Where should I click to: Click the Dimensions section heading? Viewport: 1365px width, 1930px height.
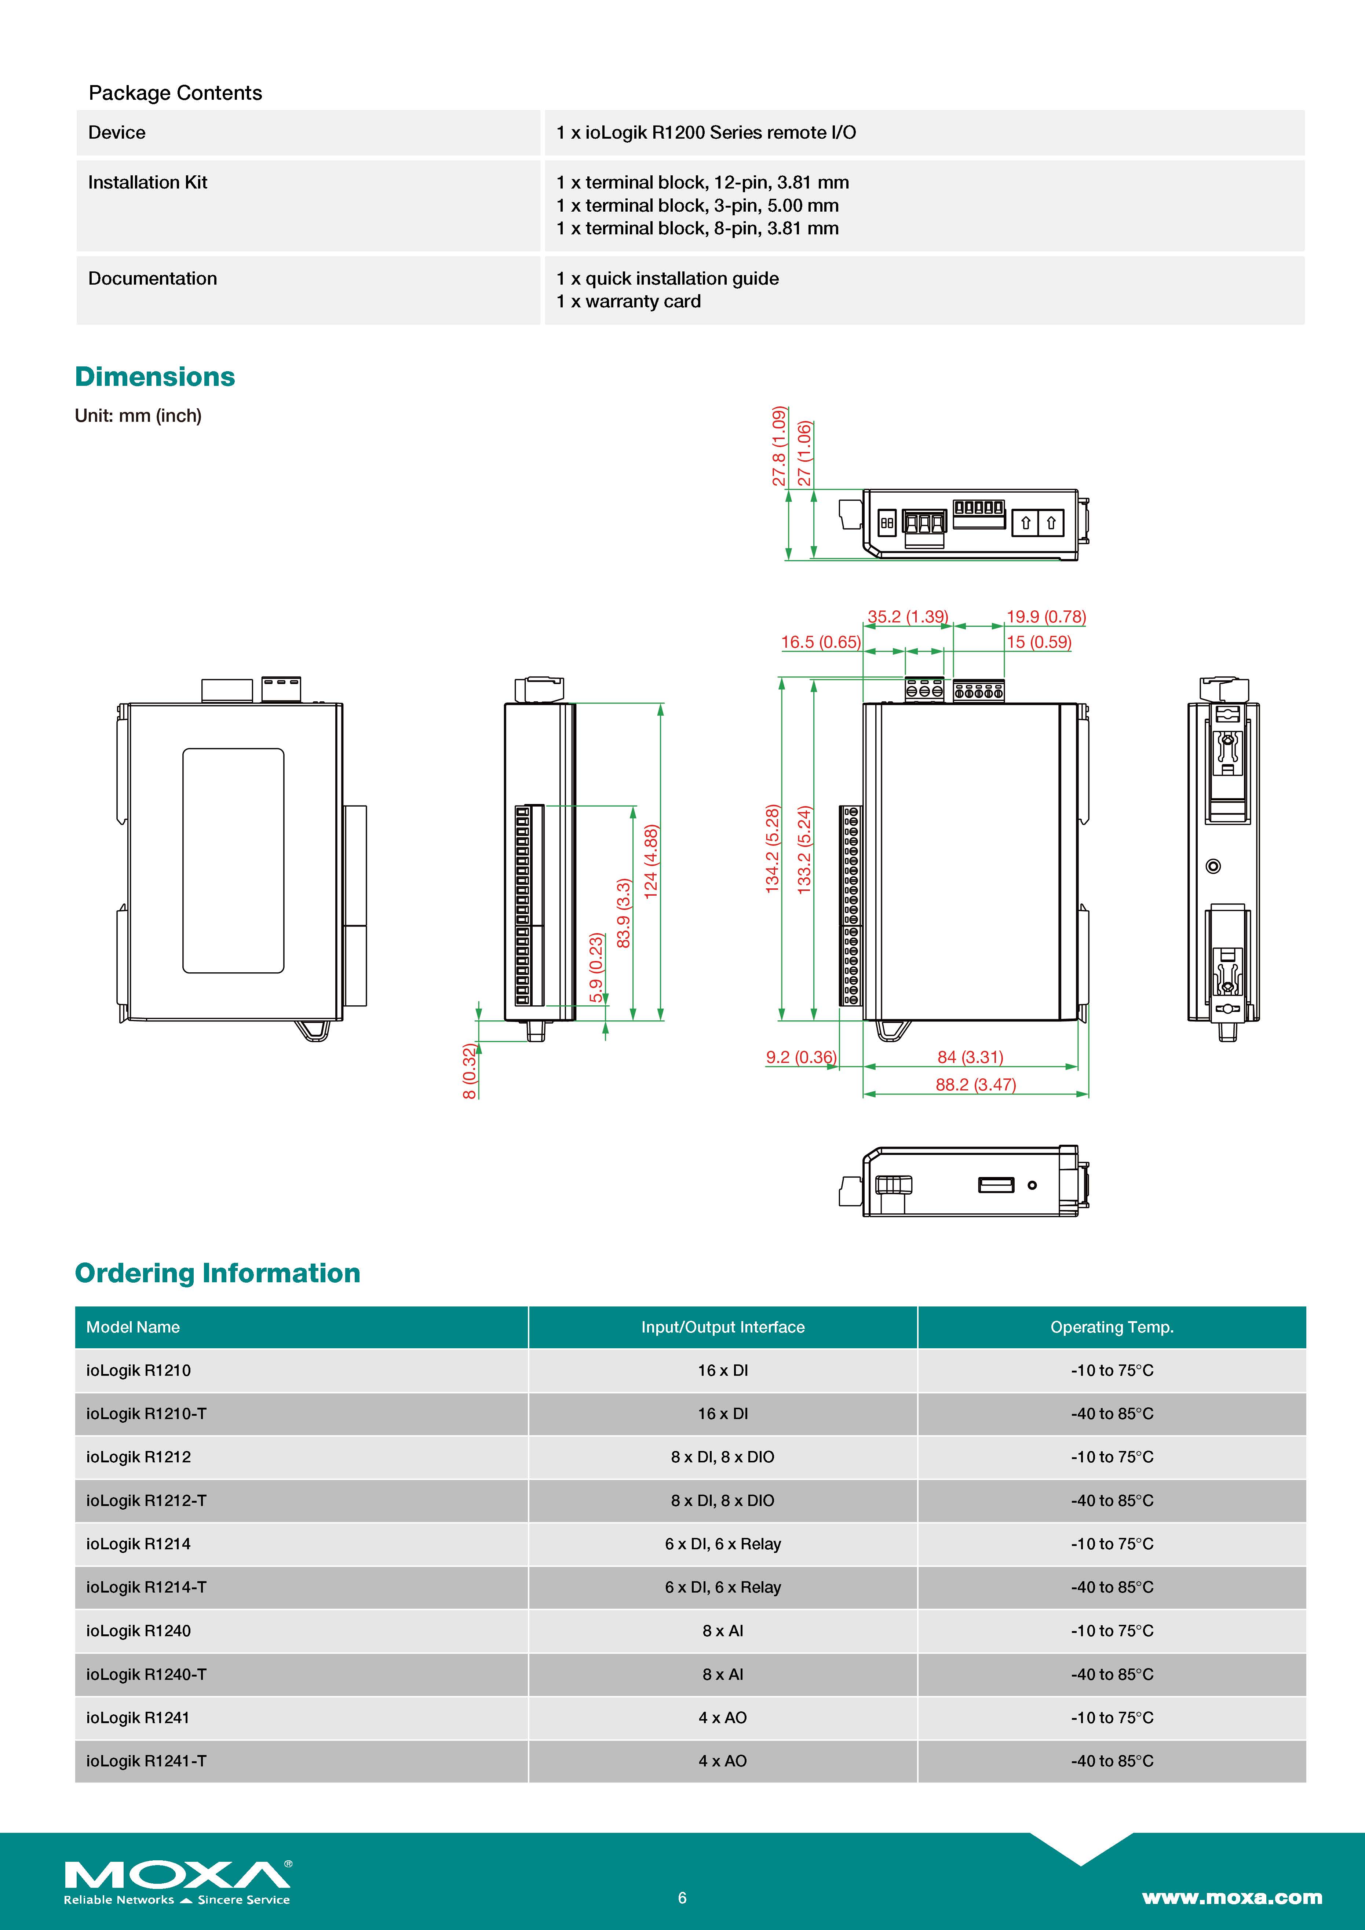pos(155,377)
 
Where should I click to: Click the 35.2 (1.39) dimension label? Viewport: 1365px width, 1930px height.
pos(908,616)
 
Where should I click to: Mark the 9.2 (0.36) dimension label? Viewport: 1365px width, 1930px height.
pos(800,1057)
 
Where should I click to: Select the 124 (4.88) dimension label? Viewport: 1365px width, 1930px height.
pos(650,862)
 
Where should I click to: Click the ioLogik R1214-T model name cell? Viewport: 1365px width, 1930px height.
pos(146,1587)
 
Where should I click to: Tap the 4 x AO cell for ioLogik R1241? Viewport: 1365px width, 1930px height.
pos(722,1717)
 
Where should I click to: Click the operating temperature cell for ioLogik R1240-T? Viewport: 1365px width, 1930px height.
pos(1111,1674)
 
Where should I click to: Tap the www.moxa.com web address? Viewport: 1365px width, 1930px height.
pos(1231,1897)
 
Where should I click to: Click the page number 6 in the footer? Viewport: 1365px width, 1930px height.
pos(682,1897)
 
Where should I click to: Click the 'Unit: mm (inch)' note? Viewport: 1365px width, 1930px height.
pos(138,415)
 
